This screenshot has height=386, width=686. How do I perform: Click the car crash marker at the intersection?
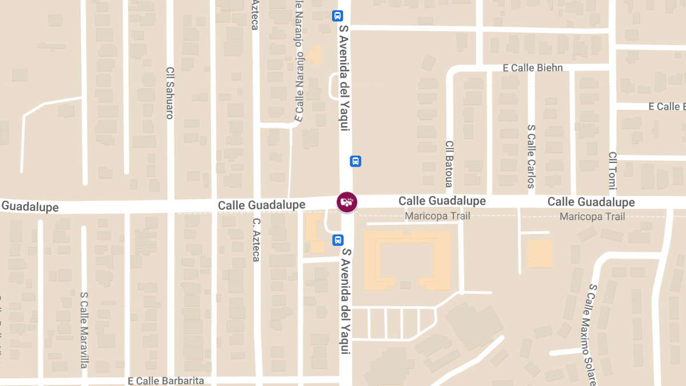[x=346, y=202]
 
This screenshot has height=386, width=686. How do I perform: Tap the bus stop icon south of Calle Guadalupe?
[x=338, y=240]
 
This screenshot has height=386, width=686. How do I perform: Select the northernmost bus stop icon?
[x=338, y=16]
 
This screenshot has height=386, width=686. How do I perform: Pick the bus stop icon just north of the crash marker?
[x=356, y=161]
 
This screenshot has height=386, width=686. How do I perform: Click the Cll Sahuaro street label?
[x=170, y=93]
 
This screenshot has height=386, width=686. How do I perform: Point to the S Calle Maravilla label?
[x=84, y=330]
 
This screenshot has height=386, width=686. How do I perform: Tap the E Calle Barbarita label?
[x=166, y=380]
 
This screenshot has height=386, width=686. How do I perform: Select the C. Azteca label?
[x=256, y=240]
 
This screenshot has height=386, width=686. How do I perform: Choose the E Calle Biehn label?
[x=533, y=68]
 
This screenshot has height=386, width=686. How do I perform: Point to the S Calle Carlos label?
[x=531, y=157]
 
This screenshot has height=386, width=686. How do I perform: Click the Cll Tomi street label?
[x=613, y=170]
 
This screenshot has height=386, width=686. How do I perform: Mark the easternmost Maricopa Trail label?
[x=592, y=216]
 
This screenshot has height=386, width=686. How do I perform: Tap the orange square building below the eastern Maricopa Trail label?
[x=539, y=254]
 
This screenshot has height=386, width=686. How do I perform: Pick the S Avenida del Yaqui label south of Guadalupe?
[x=346, y=300]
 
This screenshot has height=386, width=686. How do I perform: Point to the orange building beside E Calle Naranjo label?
[x=314, y=55]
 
